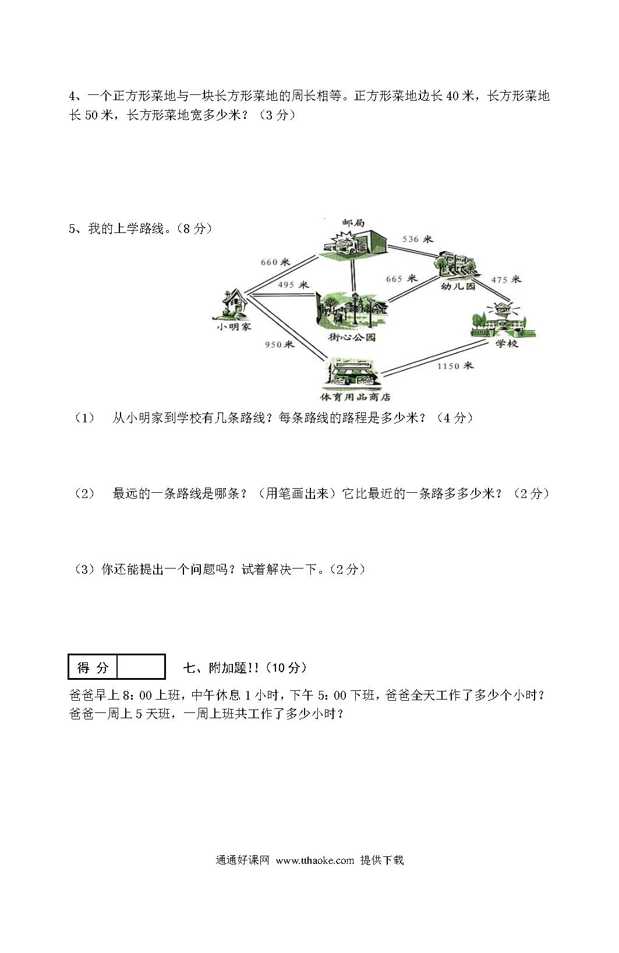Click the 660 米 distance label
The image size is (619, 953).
click(x=275, y=262)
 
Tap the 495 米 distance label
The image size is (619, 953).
click(x=293, y=285)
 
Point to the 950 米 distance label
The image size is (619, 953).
click(x=280, y=344)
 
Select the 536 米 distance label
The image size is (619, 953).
click(x=418, y=239)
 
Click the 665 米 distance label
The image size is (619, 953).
click(x=402, y=278)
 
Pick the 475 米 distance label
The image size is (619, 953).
click(x=506, y=280)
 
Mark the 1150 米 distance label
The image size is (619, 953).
click(x=455, y=365)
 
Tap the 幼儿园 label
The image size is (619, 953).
click(x=458, y=287)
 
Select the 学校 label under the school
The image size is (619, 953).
click(x=507, y=343)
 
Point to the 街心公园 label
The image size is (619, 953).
click(x=352, y=337)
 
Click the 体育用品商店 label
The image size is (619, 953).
click(x=355, y=397)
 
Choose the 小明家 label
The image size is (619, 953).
click(x=234, y=327)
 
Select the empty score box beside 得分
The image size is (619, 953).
click(x=141, y=666)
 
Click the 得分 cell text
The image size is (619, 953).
click(x=93, y=667)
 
